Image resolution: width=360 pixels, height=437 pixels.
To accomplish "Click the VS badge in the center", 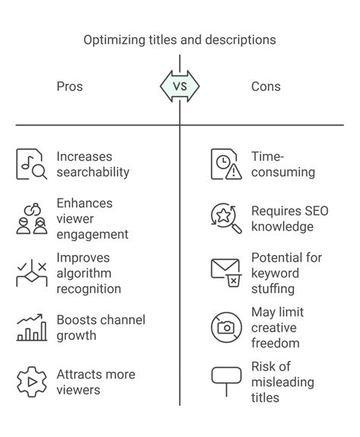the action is tap(180, 86).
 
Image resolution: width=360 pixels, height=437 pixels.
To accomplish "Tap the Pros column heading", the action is tap(70, 86).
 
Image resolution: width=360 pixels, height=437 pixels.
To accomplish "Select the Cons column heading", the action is tap(266, 86).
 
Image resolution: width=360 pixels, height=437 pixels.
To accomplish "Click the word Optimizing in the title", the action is tap(115, 40).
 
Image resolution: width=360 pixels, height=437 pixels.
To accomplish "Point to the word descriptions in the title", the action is tap(241, 40).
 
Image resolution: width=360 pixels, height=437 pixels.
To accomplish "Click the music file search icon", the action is tap(32, 164).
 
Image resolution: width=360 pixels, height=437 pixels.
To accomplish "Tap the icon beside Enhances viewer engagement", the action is tap(32, 218).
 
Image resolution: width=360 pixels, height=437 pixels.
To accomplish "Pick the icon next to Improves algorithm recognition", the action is tap(32, 273).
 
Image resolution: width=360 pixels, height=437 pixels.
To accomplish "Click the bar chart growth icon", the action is tap(32, 328).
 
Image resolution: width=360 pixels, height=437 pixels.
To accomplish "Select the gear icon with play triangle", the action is tap(32, 382).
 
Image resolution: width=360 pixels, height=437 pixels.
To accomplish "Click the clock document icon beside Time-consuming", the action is tap(226, 164).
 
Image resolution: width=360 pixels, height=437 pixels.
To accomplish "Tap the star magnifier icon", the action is tap(226, 218).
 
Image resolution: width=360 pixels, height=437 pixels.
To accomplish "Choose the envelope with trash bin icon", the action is tap(226, 273).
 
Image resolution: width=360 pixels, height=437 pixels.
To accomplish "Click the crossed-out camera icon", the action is tap(226, 328).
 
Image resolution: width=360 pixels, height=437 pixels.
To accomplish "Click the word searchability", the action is tap(93, 172).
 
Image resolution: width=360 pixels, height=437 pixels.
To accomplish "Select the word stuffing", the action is tap(273, 289).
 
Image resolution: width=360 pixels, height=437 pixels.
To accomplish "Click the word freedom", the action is tap(276, 343).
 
